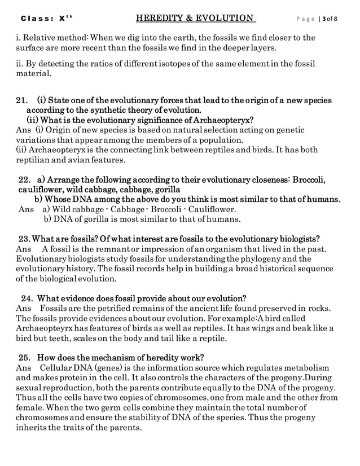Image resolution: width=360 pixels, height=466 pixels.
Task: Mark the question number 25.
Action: click(25, 357)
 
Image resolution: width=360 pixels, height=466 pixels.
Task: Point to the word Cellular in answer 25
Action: click(60, 368)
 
